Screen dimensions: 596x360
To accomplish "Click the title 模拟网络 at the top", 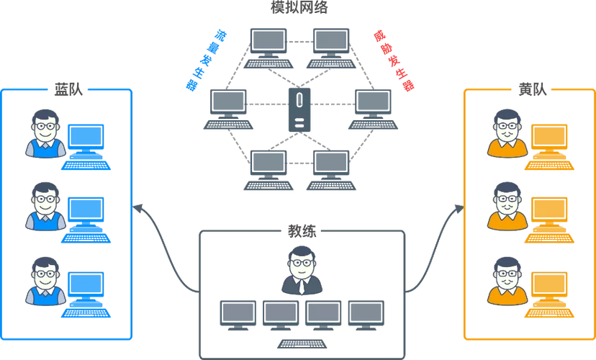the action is [x=299, y=7].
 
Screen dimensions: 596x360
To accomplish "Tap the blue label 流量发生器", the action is [x=206, y=60].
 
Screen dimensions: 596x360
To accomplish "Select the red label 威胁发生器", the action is [x=394, y=60].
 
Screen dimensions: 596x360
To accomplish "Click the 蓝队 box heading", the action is [x=68, y=90].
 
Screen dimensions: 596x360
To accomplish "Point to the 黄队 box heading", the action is [x=533, y=90].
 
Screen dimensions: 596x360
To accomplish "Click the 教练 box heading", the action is [x=302, y=231].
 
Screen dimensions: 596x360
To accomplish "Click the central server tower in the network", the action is [x=299, y=110].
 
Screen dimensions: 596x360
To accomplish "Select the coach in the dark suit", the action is [x=302, y=270].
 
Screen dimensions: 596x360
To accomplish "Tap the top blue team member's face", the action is [x=45, y=127].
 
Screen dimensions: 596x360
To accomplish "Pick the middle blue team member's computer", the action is [x=86, y=220].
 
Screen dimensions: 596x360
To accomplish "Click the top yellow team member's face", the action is [x=507, y=127].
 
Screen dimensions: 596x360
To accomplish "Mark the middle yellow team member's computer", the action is [x=549, y=220].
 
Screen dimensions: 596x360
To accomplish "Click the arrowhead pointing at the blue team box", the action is [x=137, y=209].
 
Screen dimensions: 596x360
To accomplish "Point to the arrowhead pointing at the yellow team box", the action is [x=459, y=209].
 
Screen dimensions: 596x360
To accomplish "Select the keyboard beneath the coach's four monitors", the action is [x=302, y=343].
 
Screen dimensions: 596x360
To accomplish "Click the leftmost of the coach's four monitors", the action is [x=238, y=315].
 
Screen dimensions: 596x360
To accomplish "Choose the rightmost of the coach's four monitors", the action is [x=366, y=315].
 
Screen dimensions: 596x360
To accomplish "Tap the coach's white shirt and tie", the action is [x=302, y=285].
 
